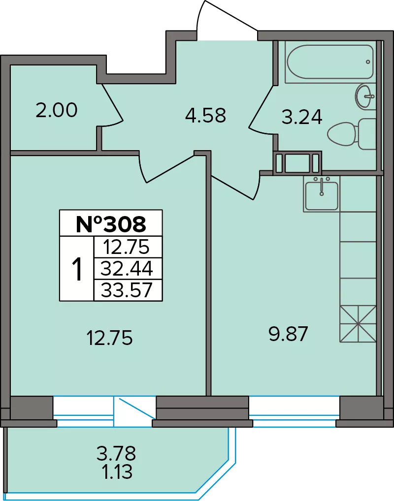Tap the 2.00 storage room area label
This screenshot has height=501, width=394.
tap(56, 110)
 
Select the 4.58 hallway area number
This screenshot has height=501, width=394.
tap(206, 115)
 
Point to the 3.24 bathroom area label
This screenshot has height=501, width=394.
tap(302, 117)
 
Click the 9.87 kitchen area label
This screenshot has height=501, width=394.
tap(289, 334)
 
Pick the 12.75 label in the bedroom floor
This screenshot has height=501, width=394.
tap(109, 338)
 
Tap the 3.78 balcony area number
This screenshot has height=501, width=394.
tap(116, 453)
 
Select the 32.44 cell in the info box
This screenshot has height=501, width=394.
tap(127, 269)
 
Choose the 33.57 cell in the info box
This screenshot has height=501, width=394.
tap(127, 290)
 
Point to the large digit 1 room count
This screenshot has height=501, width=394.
tap(77, 269)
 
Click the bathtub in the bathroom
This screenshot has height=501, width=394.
tap(330, 62)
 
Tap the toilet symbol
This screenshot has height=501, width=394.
tap(352, 133)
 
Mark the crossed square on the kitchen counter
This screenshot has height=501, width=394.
tap(358, 324)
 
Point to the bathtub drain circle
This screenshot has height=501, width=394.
tap(368, 62)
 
